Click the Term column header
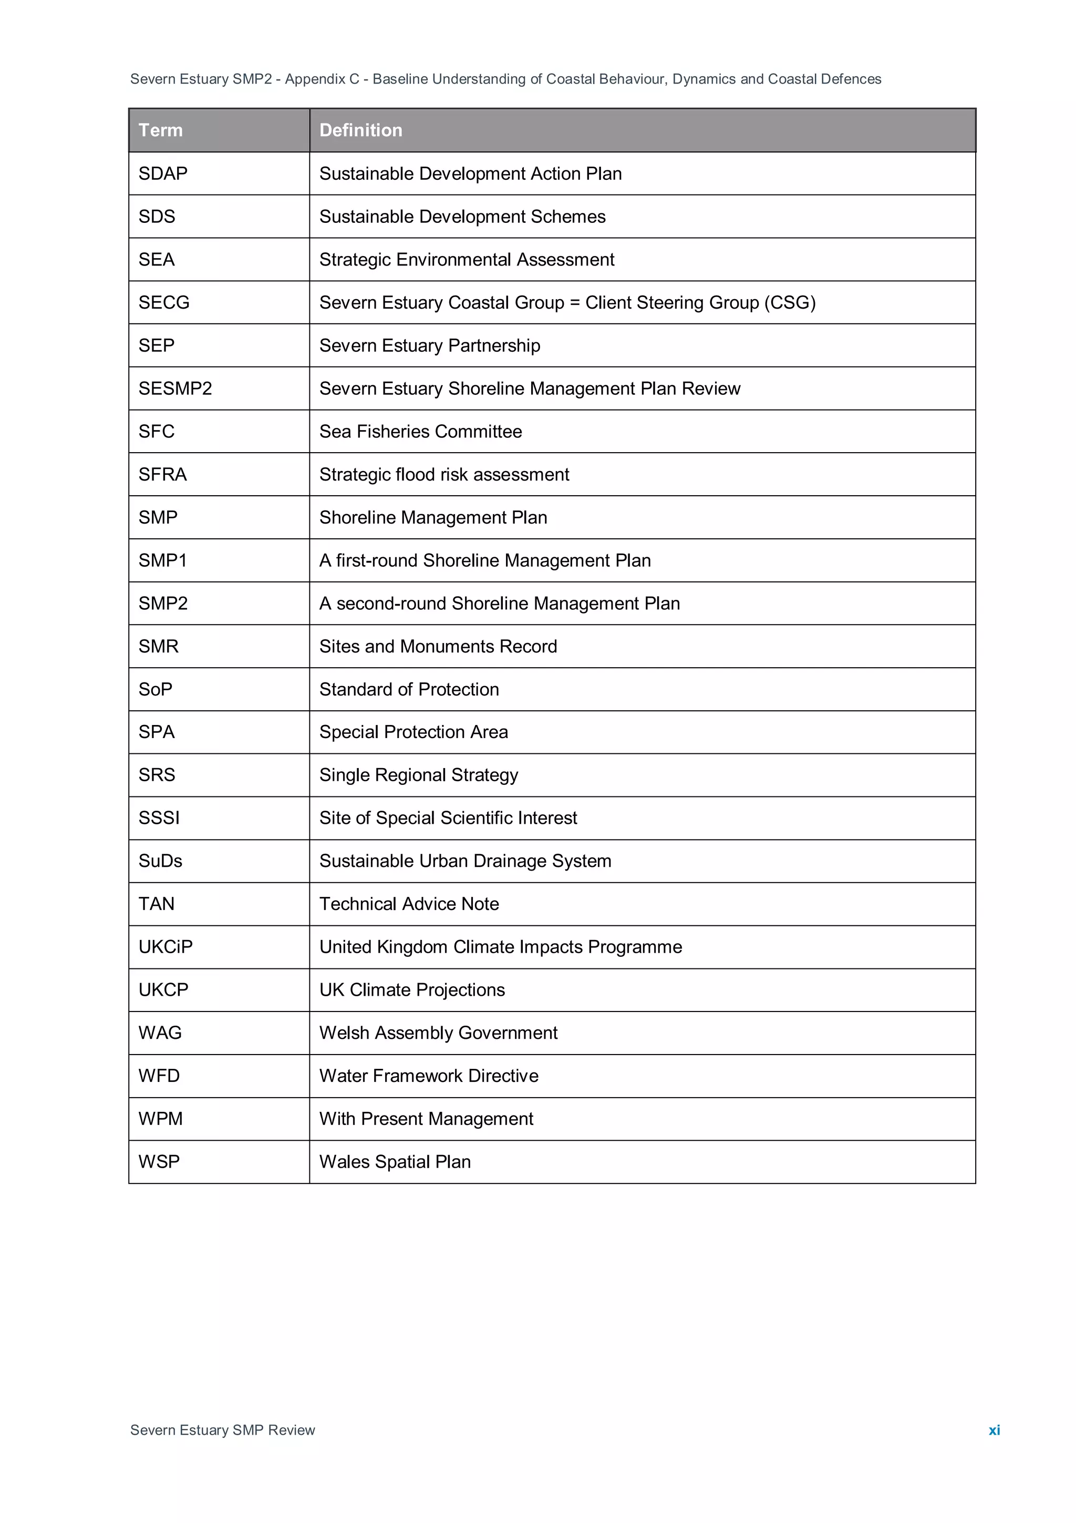[160, 130]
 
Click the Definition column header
[360, 130]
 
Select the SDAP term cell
[163, 174]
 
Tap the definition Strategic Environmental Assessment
[467, 259]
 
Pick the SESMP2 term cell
[175, 389]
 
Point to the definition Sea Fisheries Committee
[420, 432]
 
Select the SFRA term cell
[162, 474]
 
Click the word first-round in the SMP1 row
[377, 560]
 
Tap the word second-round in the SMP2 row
[390, 604]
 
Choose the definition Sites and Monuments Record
[438, 647]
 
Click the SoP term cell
[155, 689]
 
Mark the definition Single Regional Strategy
[418, 775]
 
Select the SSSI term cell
[159, 818]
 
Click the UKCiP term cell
[165, 947]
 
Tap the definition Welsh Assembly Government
[438, 1033]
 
